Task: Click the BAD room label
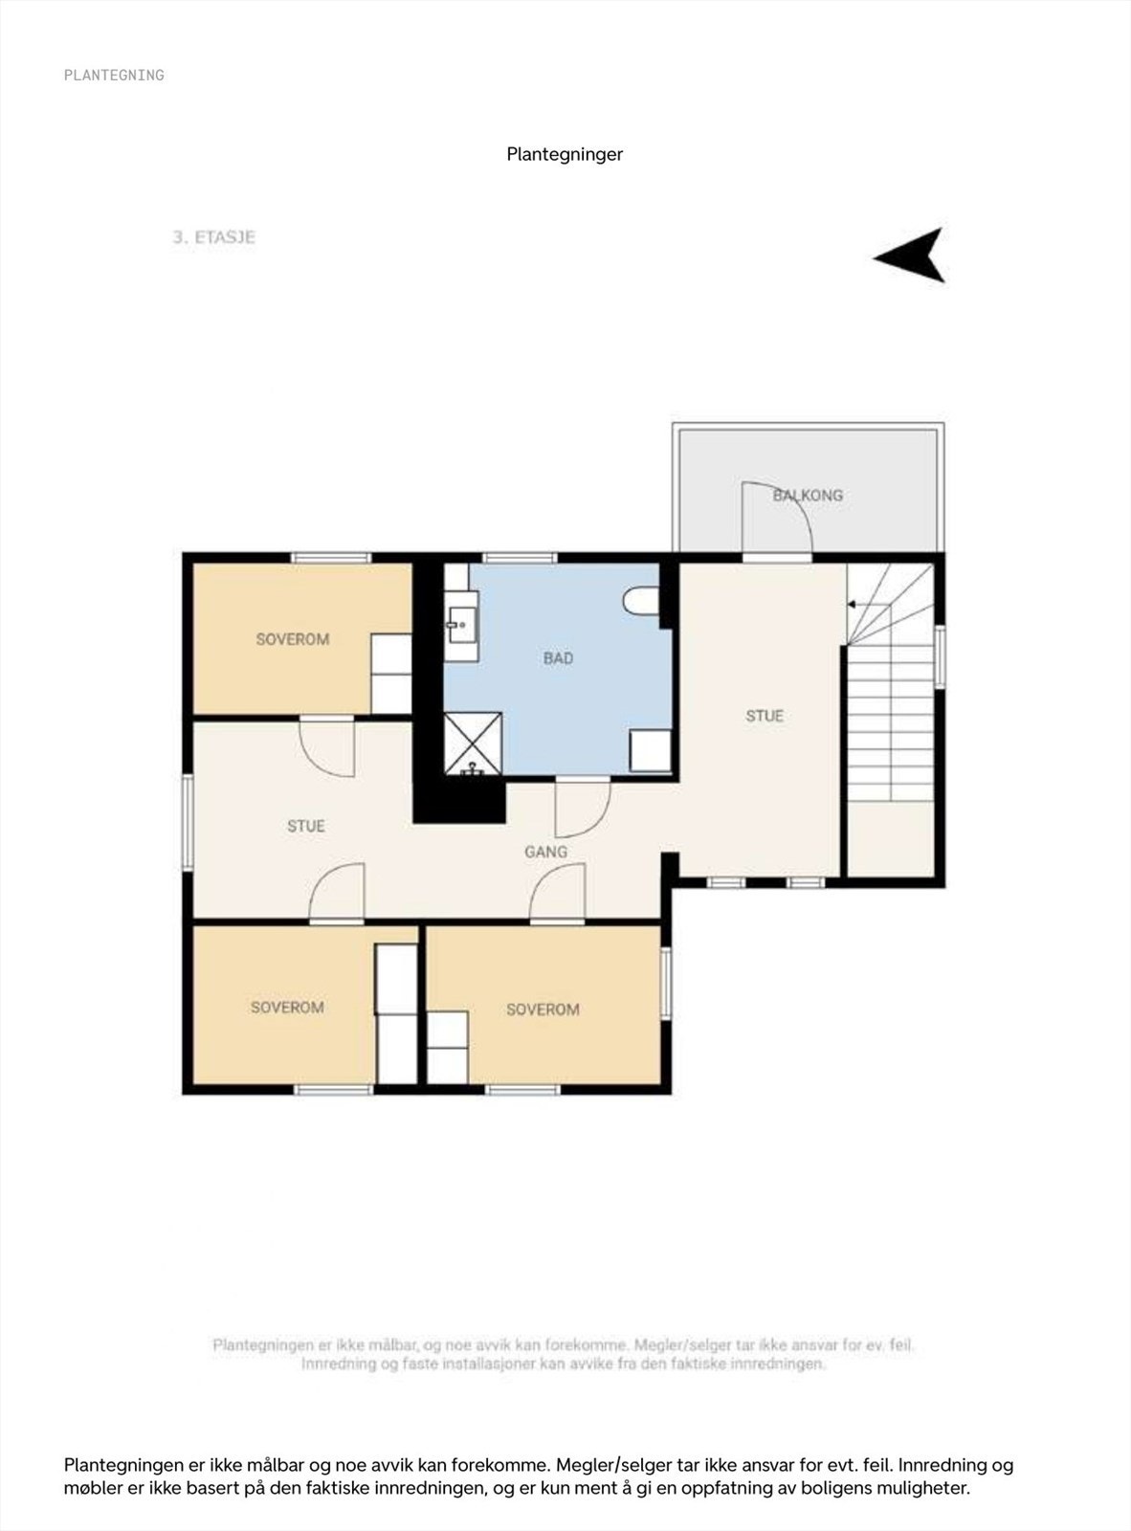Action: tap(558, 658)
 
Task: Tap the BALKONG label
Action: tap(808, 495)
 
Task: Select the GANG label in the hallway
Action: tap(545, 852)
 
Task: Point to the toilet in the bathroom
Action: tap(639, 602)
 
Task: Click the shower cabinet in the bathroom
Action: tap(473, 743)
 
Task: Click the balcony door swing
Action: tap(777, 517)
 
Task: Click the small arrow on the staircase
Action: tap(852, 604)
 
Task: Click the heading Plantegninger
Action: tap(565, 154)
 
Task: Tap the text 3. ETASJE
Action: tap(213, 237)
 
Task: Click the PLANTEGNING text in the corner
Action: tap(114, 75)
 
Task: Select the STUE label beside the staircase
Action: tap(765, 716)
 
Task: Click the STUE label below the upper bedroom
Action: tap(306, 826)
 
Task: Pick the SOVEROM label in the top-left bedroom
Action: tap(292, 639)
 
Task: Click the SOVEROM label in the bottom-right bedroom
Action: tap(543, 1010)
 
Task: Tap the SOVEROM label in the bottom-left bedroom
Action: tap(287, 1008)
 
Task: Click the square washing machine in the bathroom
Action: tap(651, 751)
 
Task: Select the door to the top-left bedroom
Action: tap(327, 746)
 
